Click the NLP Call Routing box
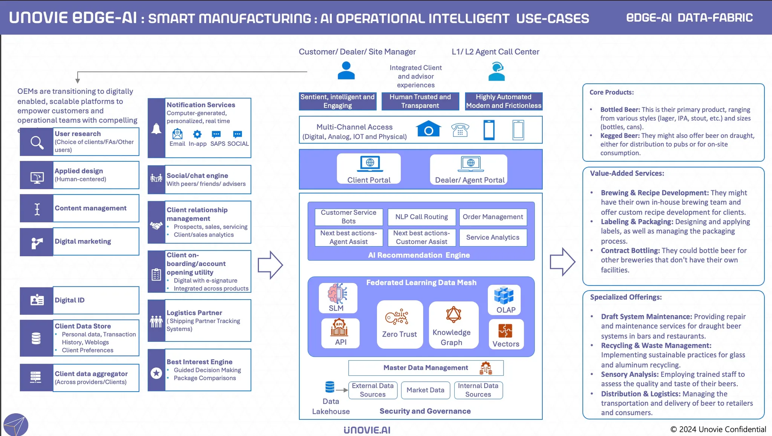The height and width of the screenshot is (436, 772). pos(421,217)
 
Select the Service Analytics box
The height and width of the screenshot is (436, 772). pos(493,237)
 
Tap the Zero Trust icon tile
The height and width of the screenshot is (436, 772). pos(400,324)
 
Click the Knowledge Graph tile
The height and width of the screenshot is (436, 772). pos(453,325)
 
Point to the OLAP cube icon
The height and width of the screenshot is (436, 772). pos(504,295)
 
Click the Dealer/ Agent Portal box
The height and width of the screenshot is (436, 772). pos(469,170)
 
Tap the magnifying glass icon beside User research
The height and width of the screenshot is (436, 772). pos(37,142)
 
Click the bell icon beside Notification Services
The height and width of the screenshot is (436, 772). pos(156,129)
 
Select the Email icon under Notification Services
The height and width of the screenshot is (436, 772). pos(177,134)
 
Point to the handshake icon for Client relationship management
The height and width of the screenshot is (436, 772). pos(156,225)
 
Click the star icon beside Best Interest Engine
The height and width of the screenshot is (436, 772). pos(156,373)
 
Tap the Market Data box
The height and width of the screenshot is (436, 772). pos(425,390)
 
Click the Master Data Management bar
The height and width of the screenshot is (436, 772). pos(426,368)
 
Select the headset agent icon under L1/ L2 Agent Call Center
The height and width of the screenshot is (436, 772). pos(496,72)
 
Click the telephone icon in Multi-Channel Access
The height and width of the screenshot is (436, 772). pos(460,130)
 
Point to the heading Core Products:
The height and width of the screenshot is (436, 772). pos(611,92)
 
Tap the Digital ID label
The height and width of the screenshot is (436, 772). pos(70,300)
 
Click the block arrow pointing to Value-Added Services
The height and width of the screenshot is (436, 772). pos(562,262)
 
